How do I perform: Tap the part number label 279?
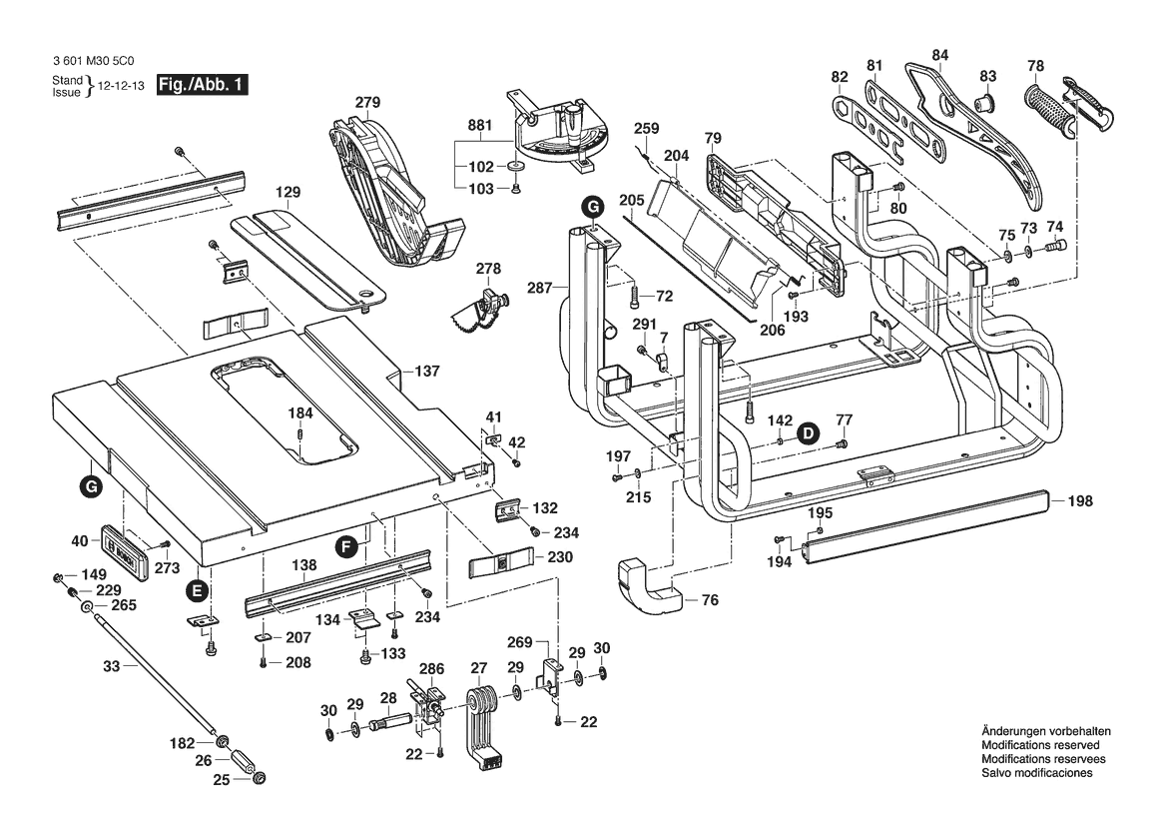click(x=368, y=102)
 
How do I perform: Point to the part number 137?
click(x=427, y=372)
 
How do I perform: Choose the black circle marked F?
click(x=345, y=546)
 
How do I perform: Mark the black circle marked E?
click(x=198, y=590)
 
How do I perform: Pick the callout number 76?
click(x=710, y=600)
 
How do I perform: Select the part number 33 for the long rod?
click(x=111, y=665)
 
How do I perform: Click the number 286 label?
click(x=431, y=668)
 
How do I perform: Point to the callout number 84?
click(x=939, y=54)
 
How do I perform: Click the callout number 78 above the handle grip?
click(x=1035, y=67)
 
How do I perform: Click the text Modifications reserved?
click(x=1040, y=746)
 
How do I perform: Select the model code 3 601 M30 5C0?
click(x=98, y=60)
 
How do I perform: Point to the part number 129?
click(x=289, y=192)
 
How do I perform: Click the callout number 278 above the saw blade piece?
click(x=488, y=269)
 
